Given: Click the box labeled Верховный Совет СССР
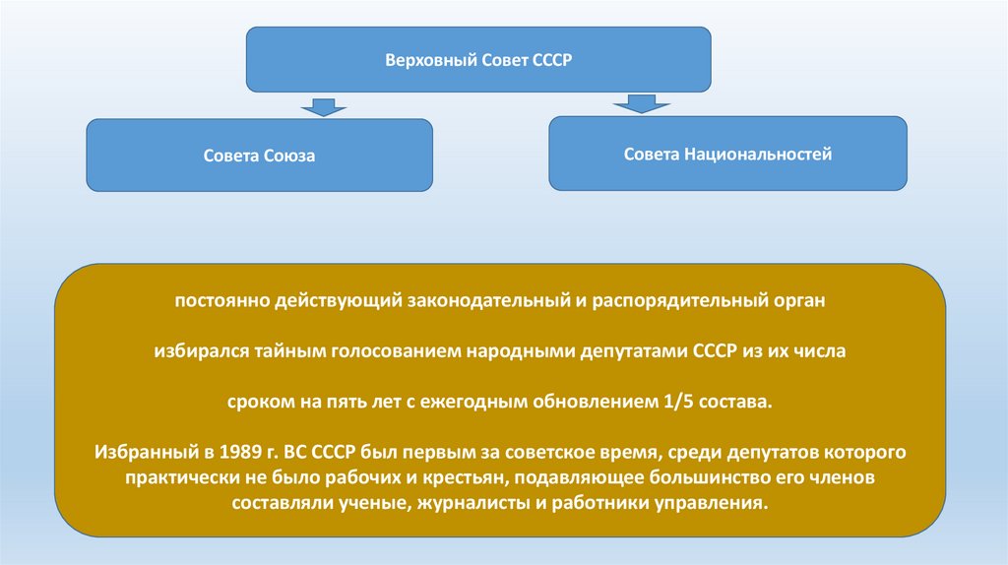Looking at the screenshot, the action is tap(477, 60).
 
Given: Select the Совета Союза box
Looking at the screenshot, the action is tap(259, 155).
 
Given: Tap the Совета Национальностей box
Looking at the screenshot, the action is tap(727, 154).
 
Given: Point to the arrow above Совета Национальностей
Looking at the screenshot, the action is tap(635, 103).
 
